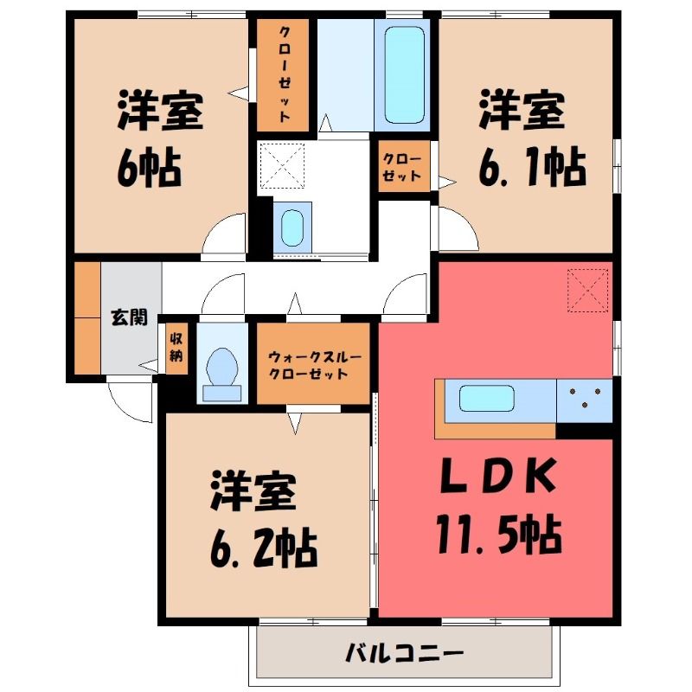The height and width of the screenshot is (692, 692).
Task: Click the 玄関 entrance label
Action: click(129, 317)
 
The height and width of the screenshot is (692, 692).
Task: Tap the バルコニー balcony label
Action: click(404, 653)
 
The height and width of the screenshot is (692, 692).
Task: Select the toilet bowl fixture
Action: click(222, 366)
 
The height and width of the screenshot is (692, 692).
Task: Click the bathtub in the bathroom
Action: click(405, 75)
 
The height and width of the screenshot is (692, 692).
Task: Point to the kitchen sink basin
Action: click(487, 398)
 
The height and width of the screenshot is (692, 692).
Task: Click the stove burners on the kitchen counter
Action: click(585, 397)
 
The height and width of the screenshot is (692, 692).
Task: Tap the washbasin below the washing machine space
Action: click(292, 227)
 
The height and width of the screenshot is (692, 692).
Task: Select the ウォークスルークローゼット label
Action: click(314, 365)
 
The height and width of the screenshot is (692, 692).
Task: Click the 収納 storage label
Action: click(176, 348)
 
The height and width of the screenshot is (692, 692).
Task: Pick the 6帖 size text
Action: click(149, 169)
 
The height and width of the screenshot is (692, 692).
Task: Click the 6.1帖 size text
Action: click(532, 168)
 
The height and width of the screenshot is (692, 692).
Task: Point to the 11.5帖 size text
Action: click(499, 535)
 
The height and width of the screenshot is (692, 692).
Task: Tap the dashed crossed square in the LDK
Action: click(587, 291)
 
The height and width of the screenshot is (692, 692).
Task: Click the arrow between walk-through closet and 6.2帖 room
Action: click(295, 423)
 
